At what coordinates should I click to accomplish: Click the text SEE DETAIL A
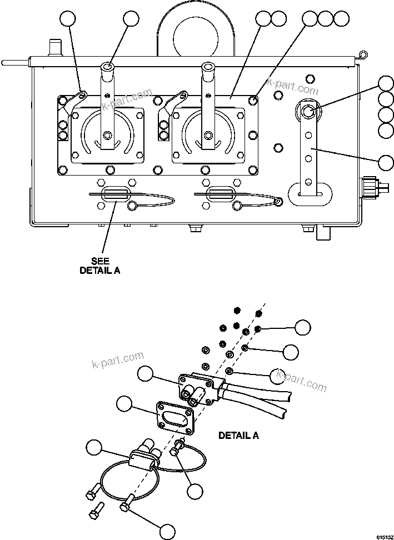[x=100, y=266]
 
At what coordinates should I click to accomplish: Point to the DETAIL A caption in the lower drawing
[x=238, y=435]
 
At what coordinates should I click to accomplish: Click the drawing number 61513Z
[x=383, y=537]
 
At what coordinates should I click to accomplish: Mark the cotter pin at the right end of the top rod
[x=362, y=55]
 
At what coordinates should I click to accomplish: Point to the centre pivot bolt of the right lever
[x=207, y=134]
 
